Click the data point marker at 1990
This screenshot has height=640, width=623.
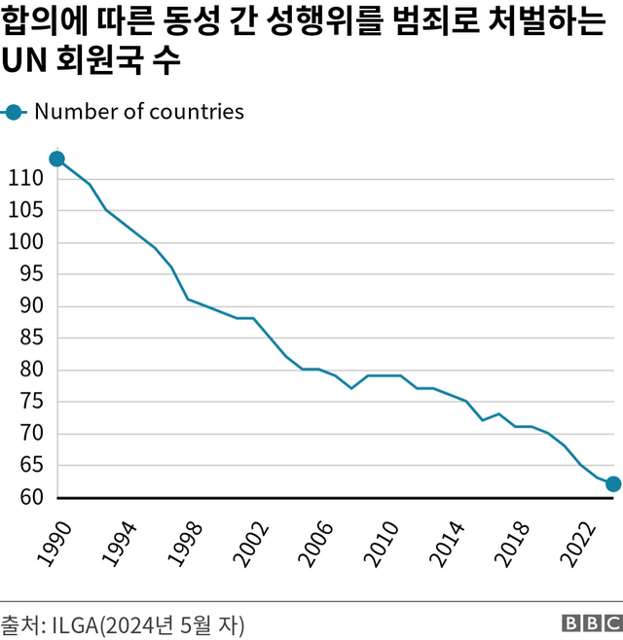tap(56, 159)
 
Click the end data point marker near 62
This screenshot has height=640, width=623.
tap(613, 483)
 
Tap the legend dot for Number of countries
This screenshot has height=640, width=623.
tap(14, 112)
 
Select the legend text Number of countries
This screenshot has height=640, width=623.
tap(138, 112)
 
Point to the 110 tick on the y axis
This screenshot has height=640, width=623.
tap(26, 179)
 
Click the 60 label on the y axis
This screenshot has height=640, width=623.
tap(31, 497)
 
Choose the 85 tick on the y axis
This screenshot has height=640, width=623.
tap(31, 338)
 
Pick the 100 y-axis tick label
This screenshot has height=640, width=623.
tap(26, 242)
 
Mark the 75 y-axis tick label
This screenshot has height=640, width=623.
tap(31, 402)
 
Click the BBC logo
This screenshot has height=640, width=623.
tap(591, 623)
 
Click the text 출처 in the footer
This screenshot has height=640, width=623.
tap(18, 623)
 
